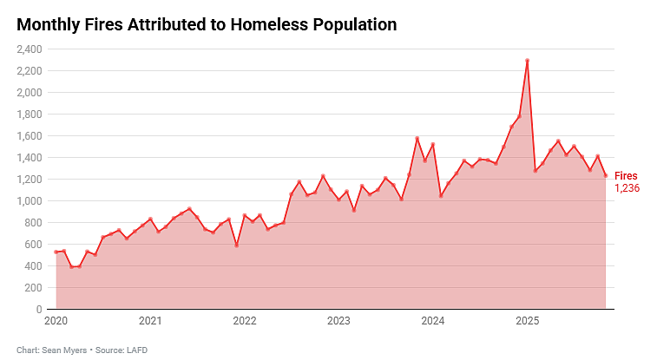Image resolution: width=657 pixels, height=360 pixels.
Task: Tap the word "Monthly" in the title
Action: [x=49, y=25]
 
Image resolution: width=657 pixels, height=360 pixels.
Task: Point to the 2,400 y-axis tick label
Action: [x=30, y=49]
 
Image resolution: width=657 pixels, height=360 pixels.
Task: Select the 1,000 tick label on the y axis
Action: [x=30, y=201]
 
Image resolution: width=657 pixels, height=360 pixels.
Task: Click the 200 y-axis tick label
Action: [x=33, y=288]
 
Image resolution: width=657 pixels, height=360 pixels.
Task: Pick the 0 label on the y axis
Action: [x=39, y=310]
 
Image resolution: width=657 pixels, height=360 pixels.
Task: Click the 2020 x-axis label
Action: [x=56, y=321]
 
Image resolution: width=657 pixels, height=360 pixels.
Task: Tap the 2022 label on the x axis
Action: [x=245, y=321]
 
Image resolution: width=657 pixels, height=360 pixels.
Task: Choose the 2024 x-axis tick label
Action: [x=433, y=321]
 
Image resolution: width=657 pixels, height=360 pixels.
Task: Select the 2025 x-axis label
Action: [x=527, y=321]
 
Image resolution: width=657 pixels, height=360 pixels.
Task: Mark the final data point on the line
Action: [x=606, y=176]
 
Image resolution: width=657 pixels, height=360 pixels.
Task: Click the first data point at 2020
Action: [x=56, y=252]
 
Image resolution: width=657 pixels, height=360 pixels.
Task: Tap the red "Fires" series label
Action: [x=626, y=176]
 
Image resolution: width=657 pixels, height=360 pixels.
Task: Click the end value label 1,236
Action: [x=627, y=188]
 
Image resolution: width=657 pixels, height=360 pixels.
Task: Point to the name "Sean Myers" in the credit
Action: [x=64, y=350]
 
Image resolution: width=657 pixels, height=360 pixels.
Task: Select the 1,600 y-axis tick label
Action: [x=30, y=136]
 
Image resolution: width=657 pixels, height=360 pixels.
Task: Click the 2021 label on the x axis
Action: [x=150, y=321]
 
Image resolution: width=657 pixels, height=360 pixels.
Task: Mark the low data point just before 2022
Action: [x=237, y=245]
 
